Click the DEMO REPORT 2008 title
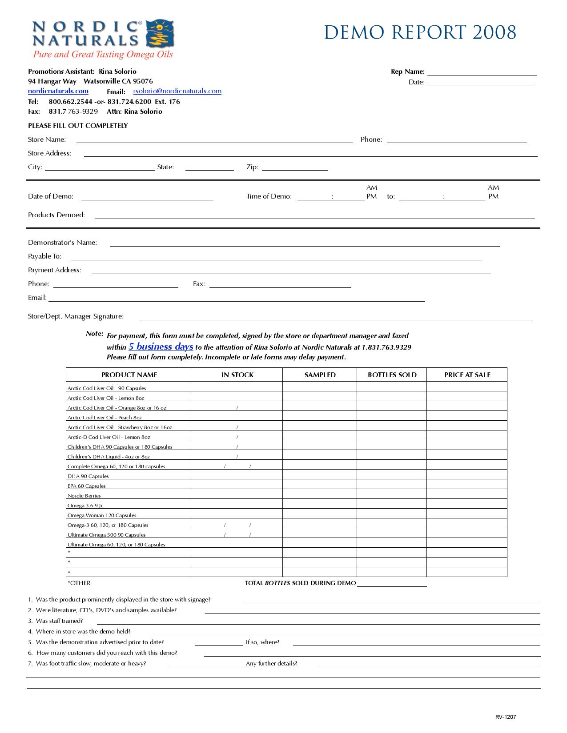coord(420,32)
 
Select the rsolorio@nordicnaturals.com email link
coord(177,91)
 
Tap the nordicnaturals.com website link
coord(58,91)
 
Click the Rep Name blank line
coord(482,73)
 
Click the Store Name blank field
coord(214,140)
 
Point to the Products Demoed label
coord(56,215)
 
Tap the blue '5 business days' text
coord(161,347)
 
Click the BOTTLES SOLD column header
coord(392,375)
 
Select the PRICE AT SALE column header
coord(467,375)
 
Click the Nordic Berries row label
coord(84,496)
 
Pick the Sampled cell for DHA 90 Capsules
coord(319,476)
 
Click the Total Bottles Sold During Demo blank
coord(391,584)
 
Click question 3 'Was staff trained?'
coord(59,621)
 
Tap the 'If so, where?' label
coord(262,642)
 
